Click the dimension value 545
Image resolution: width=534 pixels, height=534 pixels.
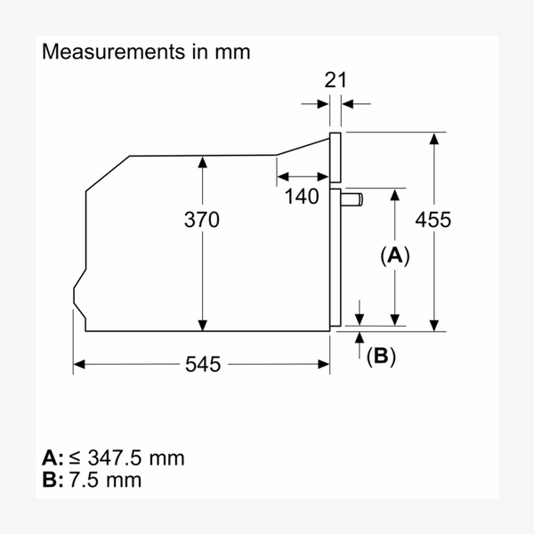204,364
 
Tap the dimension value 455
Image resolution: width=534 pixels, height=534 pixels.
433,220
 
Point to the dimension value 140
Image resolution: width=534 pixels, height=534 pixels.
302,197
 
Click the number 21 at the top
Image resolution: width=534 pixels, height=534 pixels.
335,80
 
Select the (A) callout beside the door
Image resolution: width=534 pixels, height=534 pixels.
394,256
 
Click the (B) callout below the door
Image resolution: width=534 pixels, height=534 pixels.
381,356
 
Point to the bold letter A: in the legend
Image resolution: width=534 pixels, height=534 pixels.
53,457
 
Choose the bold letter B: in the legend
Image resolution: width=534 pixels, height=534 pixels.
53,480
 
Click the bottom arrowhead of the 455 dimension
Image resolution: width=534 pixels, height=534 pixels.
434,324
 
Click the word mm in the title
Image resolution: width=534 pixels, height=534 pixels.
233,52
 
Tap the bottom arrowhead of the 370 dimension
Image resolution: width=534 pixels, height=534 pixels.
204,324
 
